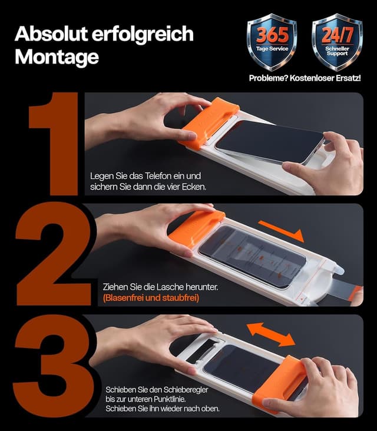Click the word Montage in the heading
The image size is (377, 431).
point(57,57)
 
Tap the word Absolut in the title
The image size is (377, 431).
point(50,34)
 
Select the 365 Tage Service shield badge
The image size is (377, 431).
point(272,42)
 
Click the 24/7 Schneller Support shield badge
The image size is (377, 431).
point(337,42)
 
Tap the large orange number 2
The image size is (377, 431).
point(54,254)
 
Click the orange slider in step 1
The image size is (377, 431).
point(209,123)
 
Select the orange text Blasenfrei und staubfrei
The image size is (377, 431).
point(151,298)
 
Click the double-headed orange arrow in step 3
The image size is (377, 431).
point(271,334)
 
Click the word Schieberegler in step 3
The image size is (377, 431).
point(186,390)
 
